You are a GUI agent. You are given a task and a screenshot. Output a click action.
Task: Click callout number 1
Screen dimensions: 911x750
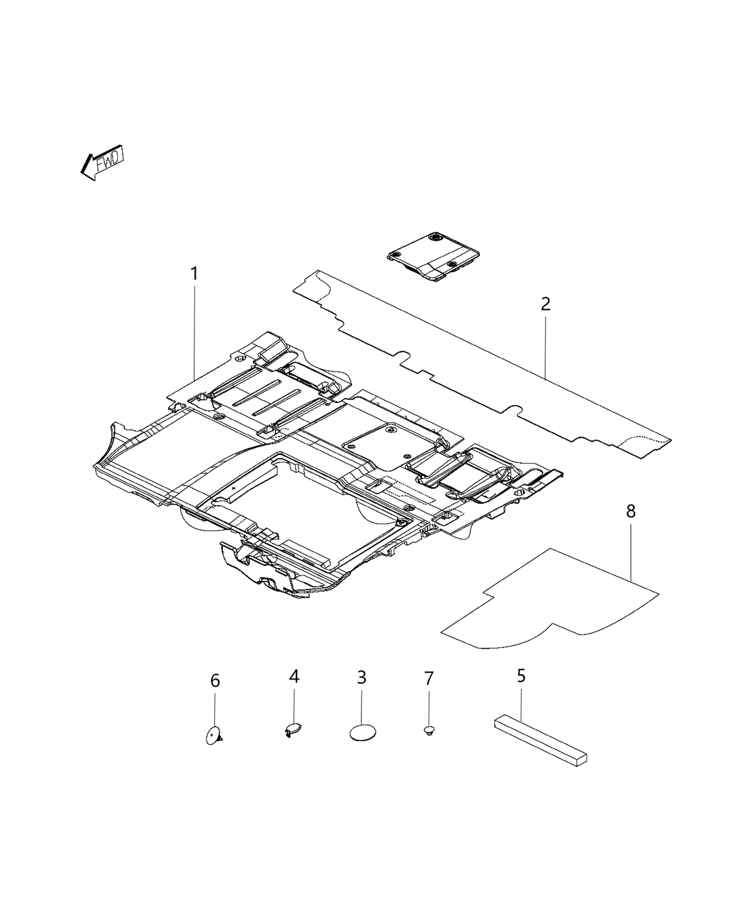[194, 274]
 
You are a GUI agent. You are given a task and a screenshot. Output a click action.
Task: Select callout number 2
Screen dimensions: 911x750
[546, 304]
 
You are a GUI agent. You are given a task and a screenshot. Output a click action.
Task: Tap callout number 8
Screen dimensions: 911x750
[631, 512]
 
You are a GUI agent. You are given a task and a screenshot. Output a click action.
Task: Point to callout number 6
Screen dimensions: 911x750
[215, 681]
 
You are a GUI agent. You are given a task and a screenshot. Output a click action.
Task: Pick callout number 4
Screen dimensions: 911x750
[294, 676]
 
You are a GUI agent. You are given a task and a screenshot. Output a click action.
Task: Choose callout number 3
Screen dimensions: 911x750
[361, 676]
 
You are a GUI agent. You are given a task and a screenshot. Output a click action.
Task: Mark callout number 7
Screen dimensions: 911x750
[429, 679]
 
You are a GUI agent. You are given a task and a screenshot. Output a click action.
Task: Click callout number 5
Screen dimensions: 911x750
[521, 674]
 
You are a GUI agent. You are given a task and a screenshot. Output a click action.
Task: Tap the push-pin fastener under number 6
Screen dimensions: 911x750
[214, 735]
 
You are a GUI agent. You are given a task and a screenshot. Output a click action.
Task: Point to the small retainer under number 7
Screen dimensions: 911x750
[429, 730]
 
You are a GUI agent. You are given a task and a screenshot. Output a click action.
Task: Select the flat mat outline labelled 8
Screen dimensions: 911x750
[550, 600]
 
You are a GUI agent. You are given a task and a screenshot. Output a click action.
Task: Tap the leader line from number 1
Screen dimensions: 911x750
[194, 329]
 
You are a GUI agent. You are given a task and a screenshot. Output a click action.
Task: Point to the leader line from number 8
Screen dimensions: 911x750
[631, 550]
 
